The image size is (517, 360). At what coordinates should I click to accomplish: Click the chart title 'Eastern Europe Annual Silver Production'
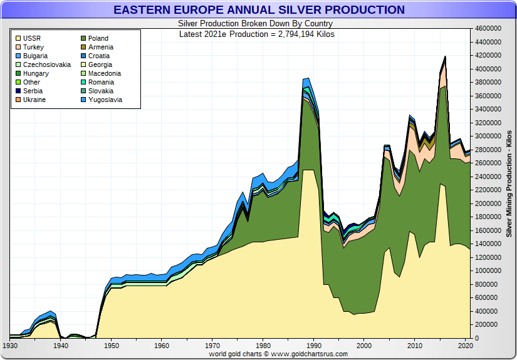[259, 10]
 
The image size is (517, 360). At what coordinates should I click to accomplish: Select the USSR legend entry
[31, 38]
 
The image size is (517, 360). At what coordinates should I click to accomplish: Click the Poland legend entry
[98, 38]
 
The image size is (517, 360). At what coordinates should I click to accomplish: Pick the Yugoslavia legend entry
[105, 100]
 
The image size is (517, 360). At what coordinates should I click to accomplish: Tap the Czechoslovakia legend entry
[46, 64]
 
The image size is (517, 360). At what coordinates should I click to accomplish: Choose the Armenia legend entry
[100, 47]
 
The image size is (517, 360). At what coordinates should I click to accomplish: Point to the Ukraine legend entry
[34, 100]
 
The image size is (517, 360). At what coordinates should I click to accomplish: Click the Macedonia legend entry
[104, 73]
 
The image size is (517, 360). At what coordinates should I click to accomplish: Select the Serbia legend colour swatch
[18, 91]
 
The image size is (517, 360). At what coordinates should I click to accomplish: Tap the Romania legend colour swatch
[83, 82]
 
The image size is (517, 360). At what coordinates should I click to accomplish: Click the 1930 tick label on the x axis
[10, 346]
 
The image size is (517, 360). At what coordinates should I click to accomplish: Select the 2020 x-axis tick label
[465, 346]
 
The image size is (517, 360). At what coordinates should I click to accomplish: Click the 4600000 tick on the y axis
[488, 29]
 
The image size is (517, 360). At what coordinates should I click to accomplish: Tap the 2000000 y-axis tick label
[488, 203]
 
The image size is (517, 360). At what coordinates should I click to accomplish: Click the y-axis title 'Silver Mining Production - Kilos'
[509, 183]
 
